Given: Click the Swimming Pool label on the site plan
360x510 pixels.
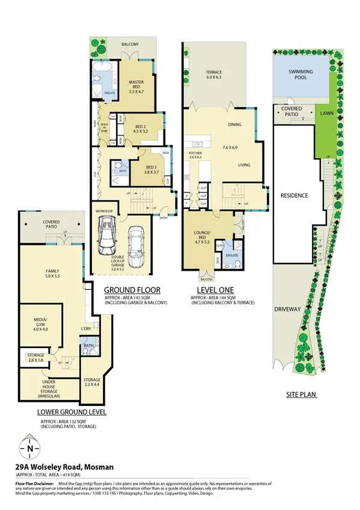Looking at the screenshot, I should click(300, 75).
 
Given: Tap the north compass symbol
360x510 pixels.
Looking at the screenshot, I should click(29, 447).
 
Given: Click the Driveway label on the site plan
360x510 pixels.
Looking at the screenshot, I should click(287, 309).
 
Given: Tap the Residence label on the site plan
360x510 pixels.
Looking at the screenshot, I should click(294, 195).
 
